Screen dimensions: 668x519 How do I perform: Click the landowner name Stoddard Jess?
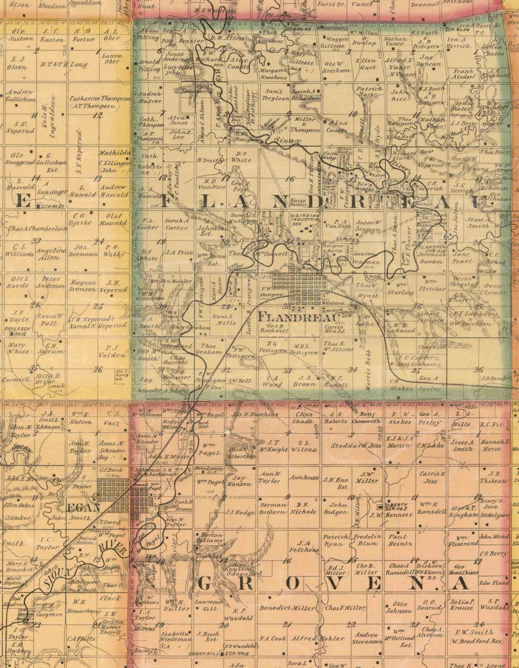point(356,445)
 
